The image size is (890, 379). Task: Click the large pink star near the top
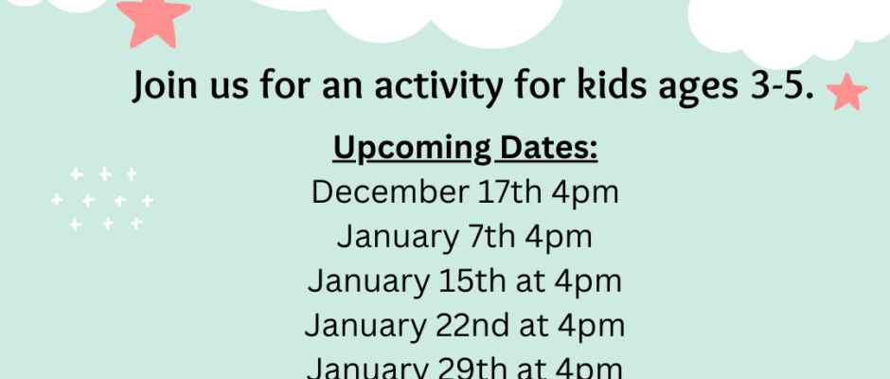coord(153,22)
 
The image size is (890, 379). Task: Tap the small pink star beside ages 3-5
coord(846,92)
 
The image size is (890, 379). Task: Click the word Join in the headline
coord(165,86)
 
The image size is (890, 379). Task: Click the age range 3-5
coord(782,86)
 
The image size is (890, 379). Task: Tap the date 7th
coord(491,236)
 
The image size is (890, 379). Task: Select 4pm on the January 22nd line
coord(591,327)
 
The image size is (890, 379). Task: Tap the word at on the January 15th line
coord(531,281)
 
